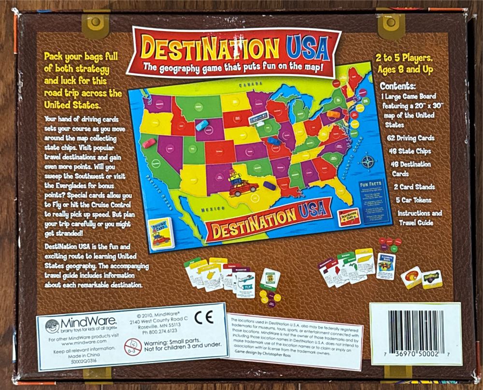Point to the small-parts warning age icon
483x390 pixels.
click(132, 346)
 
